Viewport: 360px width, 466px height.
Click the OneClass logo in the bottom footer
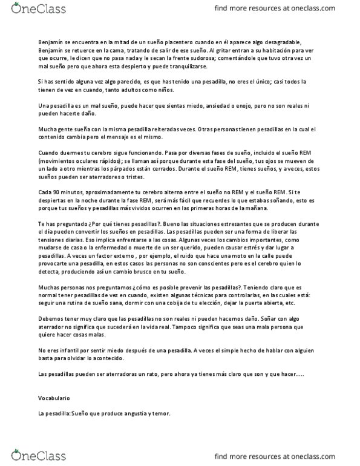28,453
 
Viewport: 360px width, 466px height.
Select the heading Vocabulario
54,400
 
